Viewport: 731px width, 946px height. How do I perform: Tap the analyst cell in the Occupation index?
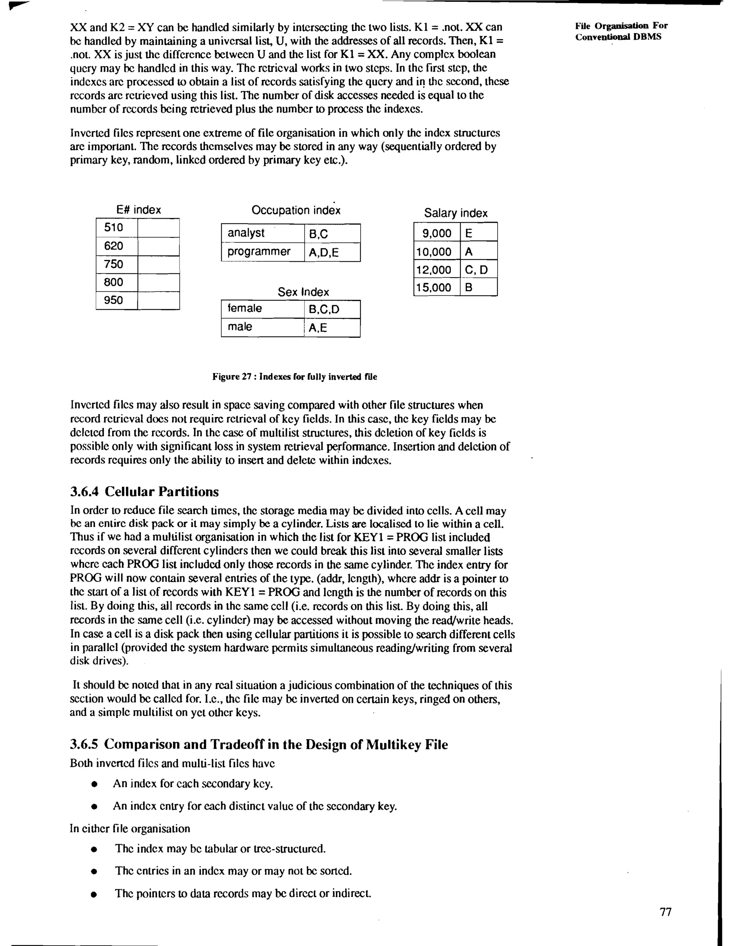point(262,233)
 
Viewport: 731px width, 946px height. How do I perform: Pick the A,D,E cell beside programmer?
point(332,252)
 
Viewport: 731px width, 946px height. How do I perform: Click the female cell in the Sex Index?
point(262,308)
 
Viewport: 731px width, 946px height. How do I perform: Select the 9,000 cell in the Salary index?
point(437,233)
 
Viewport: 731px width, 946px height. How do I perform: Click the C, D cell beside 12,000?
point(478,270)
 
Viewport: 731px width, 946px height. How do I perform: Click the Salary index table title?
point(455,213)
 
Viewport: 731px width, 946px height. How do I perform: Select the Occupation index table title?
point(296,211)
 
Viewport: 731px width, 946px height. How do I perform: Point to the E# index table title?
point(138,210)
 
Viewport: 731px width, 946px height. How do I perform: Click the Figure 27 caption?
point(294,377)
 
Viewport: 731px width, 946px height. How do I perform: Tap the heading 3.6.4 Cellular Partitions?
point(144,492)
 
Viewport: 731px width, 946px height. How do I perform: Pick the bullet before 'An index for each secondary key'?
point(94,784)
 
